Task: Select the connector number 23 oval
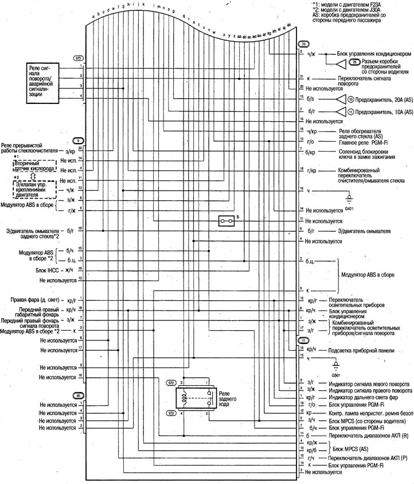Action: (x=304, y=44)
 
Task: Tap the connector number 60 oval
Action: (x=79, y=396)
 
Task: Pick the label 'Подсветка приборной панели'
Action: (x=357, y=349)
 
